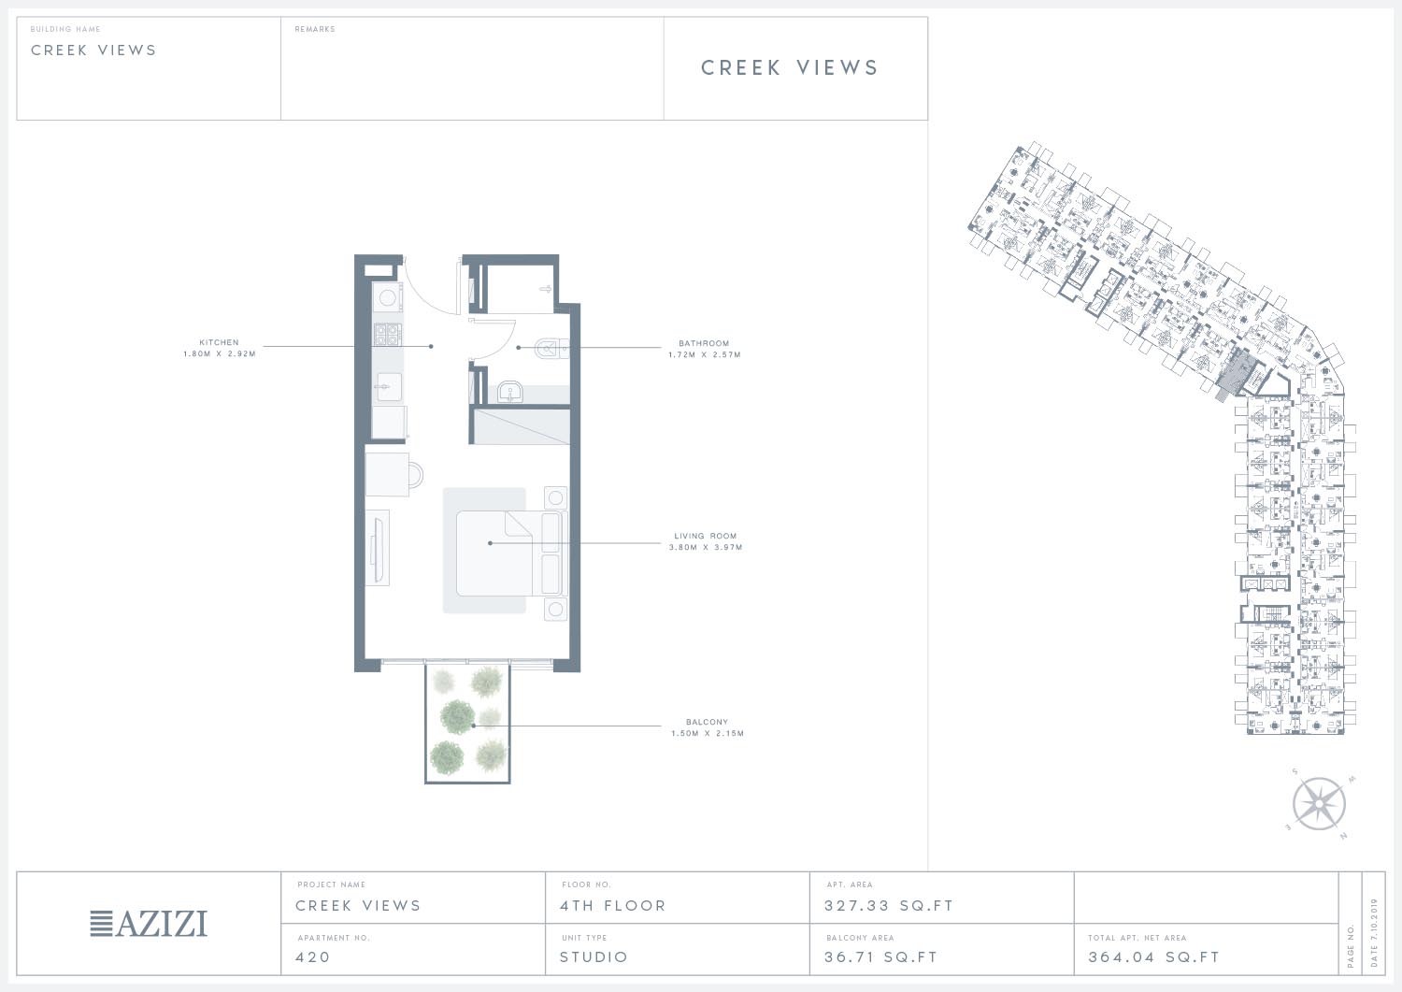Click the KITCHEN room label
pos(219,342)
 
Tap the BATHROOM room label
pos(704,343)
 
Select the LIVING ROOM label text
pos(706,536)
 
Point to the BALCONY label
pos(708,722)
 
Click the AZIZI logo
pos(149,924)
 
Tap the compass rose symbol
pos(1320,804)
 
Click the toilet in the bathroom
pos(551,348)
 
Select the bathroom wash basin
pos(511,393)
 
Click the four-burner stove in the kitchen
pos(388,335)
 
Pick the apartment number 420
pos(312,956)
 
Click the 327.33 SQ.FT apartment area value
pos(889,906)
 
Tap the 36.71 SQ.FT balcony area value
pos(880,956)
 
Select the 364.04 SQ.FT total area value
pos(1154,956)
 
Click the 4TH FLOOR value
pos(613,906)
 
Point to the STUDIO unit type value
pos(594,956)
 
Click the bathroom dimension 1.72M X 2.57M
pos(705,354)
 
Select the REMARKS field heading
pos(315,29)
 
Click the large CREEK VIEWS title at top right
pos(790,67)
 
